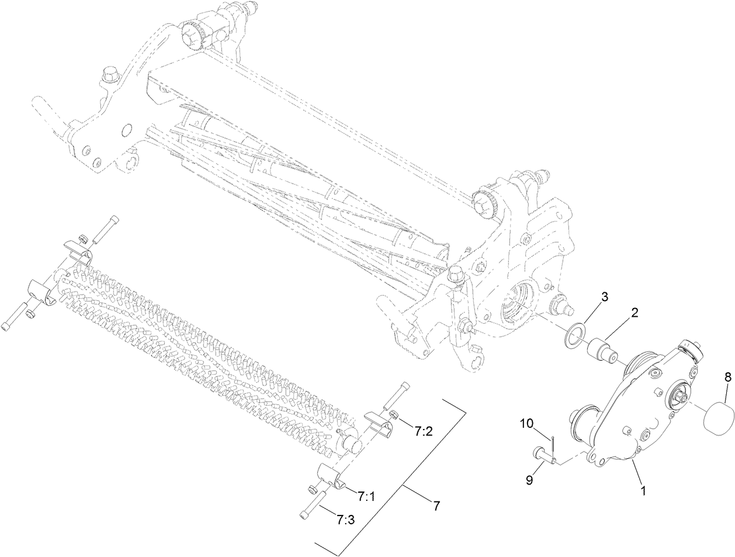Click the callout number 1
tap(644, 492)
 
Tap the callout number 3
tap(605, 296)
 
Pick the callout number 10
tap(526, 423)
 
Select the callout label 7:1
tap(366, 496)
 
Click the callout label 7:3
tap(345, 518)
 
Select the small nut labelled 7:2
tap(393, 416)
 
